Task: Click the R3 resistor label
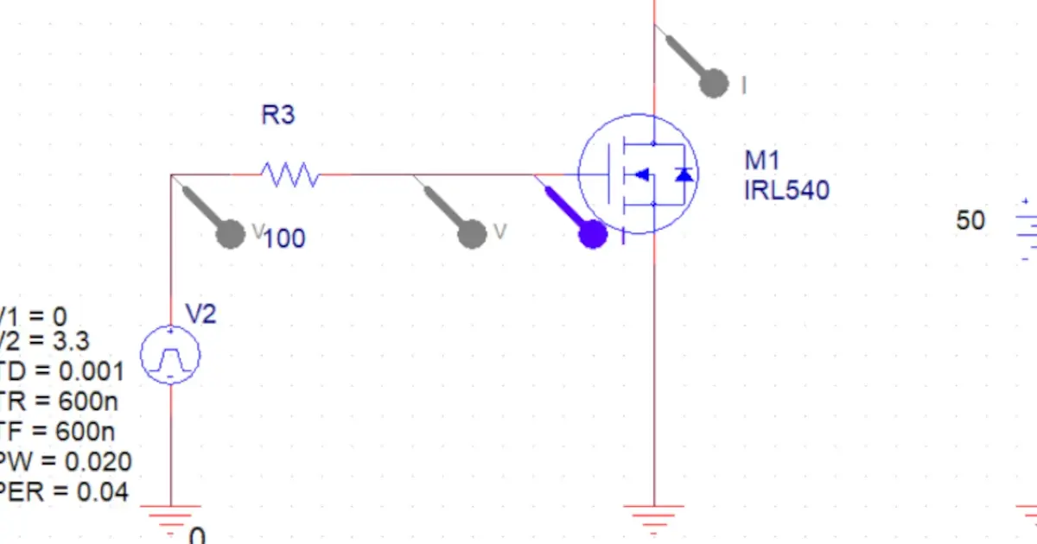278,115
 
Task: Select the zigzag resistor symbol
291,175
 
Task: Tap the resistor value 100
284,238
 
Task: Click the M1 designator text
762,161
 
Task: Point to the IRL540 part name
786,190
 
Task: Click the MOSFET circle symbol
638,174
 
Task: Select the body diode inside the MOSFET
684,174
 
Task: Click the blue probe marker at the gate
592,234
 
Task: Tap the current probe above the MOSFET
712,83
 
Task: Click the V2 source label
200,314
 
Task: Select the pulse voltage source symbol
170,355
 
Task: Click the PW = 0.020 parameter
65,461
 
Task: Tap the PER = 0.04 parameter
64,492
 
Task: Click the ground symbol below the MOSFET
654,516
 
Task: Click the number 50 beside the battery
970,221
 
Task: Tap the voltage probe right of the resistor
471,233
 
